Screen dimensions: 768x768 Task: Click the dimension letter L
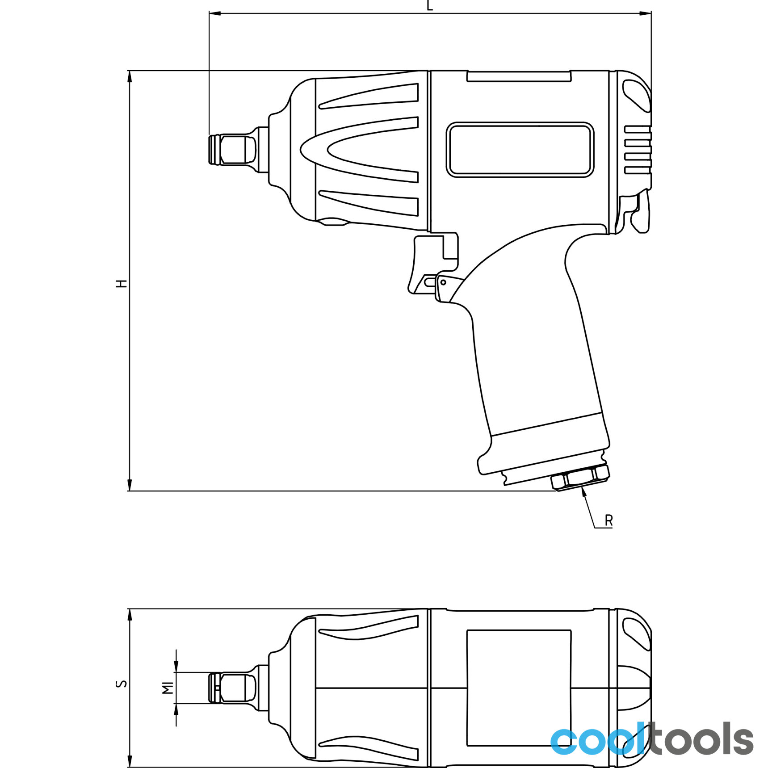pyautogui.click(x=430, y=5)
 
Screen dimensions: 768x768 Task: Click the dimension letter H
pyautogui.click(x=122, y=284)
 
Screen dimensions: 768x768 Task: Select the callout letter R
pyautogui.click(x=609, y=520)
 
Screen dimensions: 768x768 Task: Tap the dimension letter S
pyautogui.click(x=122, y=684)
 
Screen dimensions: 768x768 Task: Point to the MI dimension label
pyautogui.click(x=168, y=688)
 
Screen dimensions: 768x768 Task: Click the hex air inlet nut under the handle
pyautogui.click(x=580, y=478)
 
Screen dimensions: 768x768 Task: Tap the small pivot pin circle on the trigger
pyautogui.click(x=443, y=282)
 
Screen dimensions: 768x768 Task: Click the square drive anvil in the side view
pyautogui.click(x=233, y=150)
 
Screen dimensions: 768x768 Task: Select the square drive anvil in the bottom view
pyautogui.click(x=233, y=688)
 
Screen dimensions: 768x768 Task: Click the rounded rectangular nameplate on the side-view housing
pyautogui.click(x=520, y=150)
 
